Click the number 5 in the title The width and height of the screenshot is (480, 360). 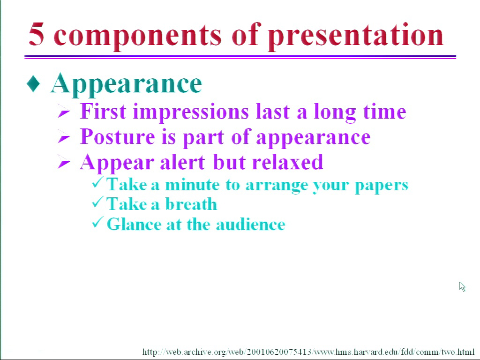[37, 34]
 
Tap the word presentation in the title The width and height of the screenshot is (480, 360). [356, 37]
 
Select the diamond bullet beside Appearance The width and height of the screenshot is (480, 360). [33, 83]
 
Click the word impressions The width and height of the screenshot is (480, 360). [191, 112]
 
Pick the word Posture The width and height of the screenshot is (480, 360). [118, 137]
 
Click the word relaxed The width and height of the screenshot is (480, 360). [288, 162]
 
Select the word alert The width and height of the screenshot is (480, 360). [182, 162]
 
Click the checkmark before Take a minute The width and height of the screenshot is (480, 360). [97, 182]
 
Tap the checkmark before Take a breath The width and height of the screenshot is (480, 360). [97, 202]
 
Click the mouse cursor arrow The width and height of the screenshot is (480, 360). [462, 286]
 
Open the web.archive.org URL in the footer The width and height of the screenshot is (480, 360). [308, 352]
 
